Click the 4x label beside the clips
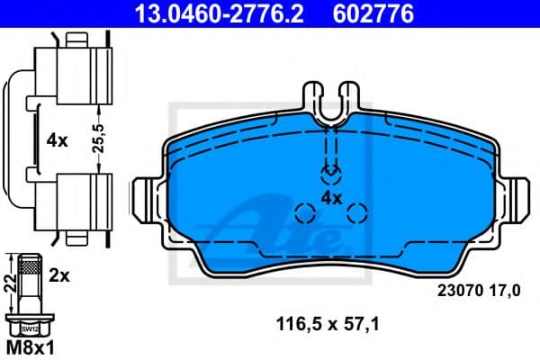(57, 140)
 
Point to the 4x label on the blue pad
(331, 197)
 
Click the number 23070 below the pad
(458, 290)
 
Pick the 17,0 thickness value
(505, 290)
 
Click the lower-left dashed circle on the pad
(306, 213)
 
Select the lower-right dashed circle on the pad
(357, 213)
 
